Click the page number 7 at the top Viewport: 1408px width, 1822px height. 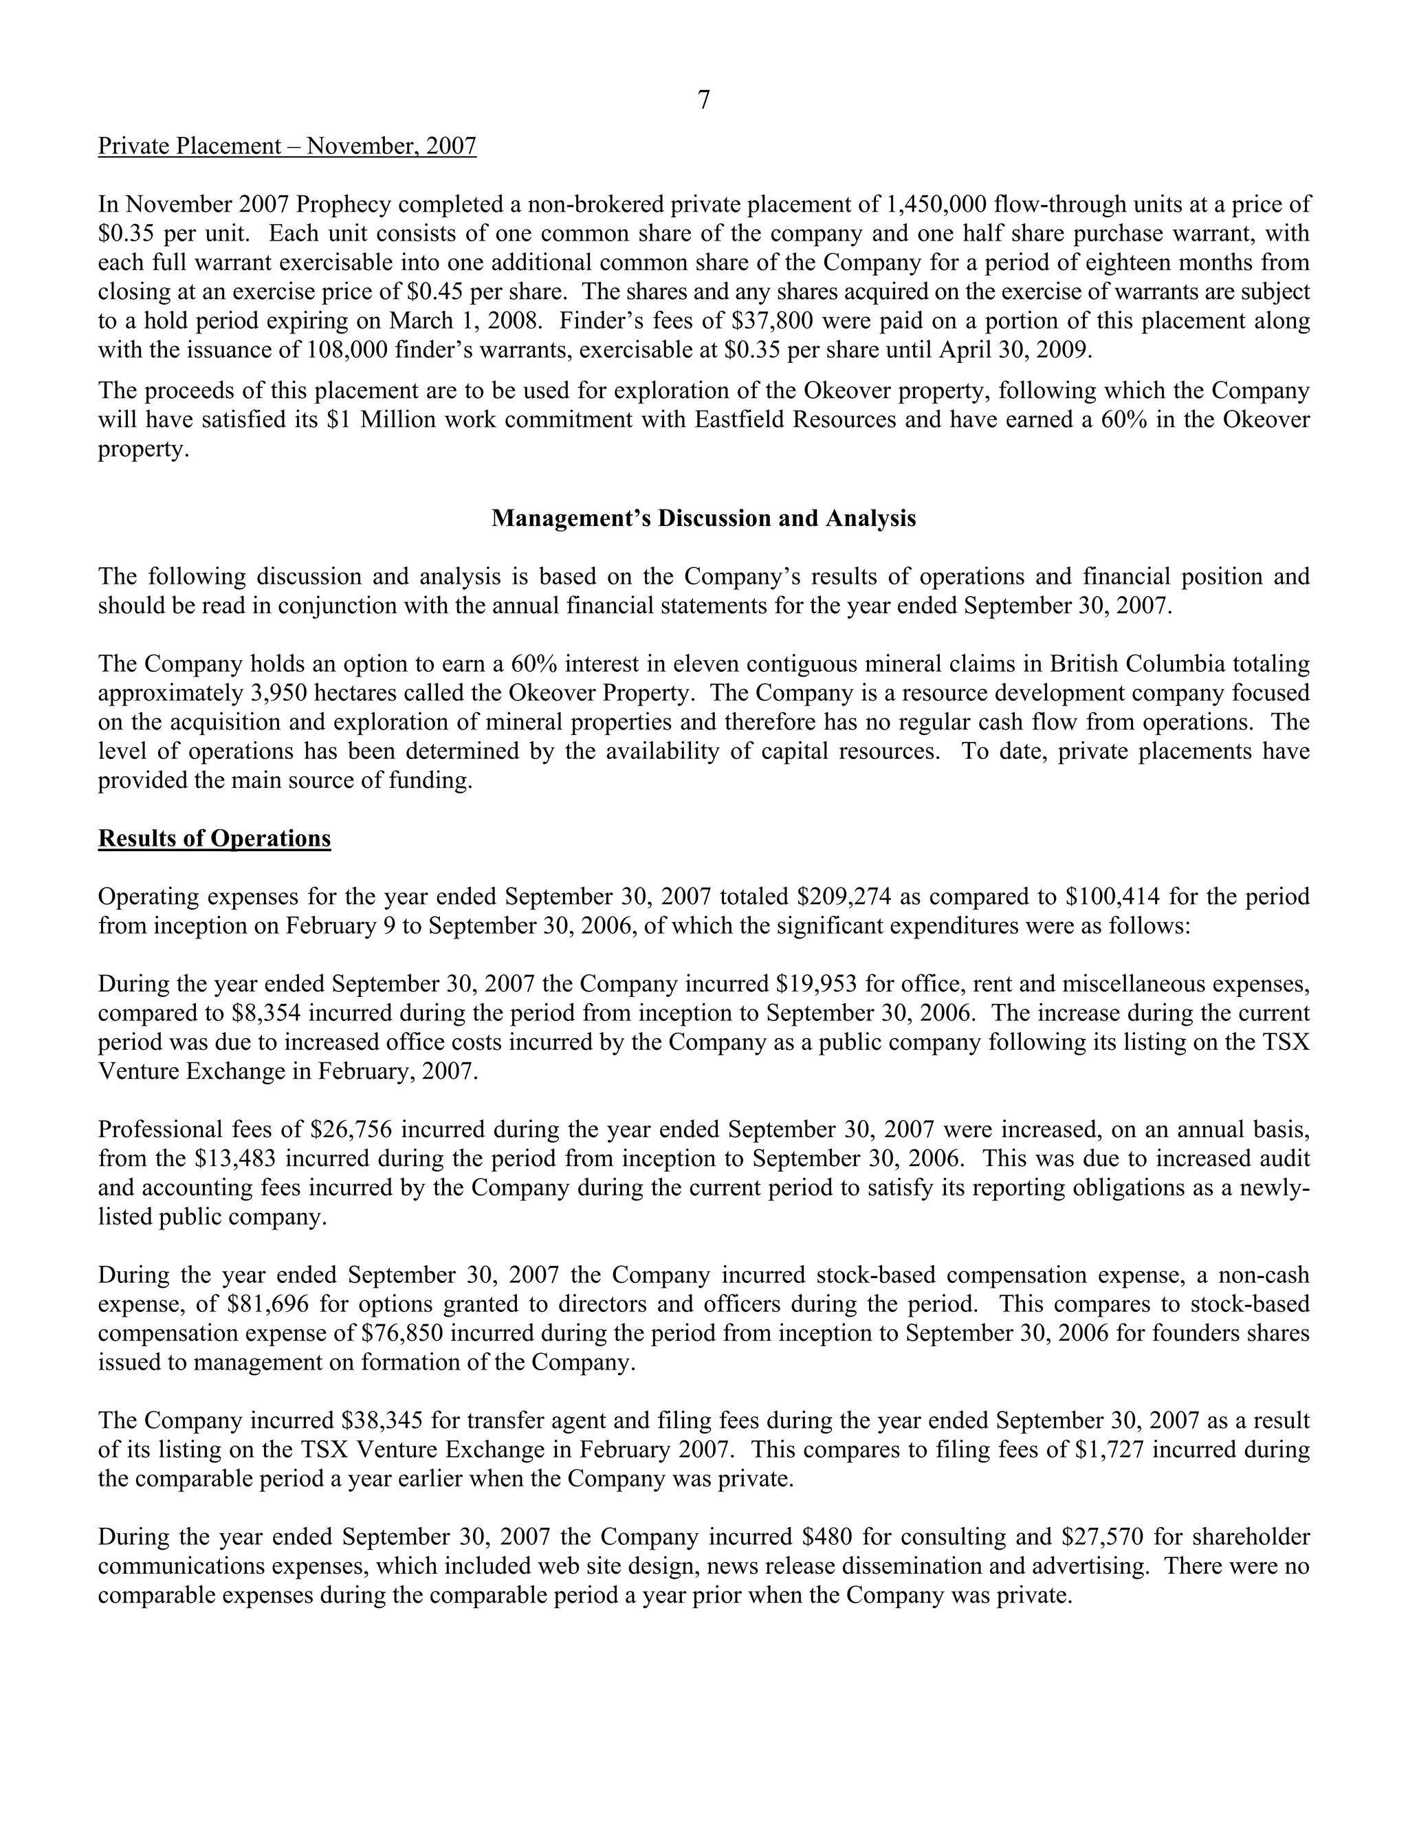coord(703,100)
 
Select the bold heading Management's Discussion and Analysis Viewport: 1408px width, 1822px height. coord(703,518)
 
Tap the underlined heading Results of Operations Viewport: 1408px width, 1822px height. coord(214,837)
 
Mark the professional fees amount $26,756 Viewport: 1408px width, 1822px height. coord(351,1130)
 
